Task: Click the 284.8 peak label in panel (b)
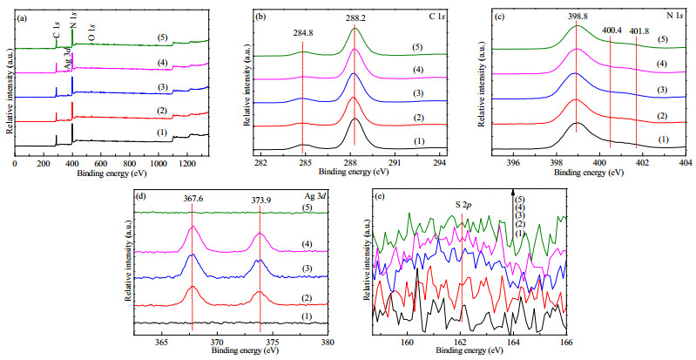pyautogui.click(x=302, y=32)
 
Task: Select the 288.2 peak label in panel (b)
pyautogui.click(x=355, y=18)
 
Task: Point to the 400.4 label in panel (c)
pyautogui.click(x=612, y=31)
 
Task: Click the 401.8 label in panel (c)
pyautogui.click(x=638, y=31)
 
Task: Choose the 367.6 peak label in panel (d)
pyautogui.click(x=193, y=200)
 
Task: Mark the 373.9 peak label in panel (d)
pyautogui.click(x=260, y=200)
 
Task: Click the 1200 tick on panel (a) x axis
pyautogui.click(x=544, y=163)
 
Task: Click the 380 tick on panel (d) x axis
pyautogui.click(x=328, y=343)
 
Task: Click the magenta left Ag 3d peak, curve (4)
pyautogui.click(x=193, y=228)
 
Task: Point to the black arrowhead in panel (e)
pyautogui.click(x=513, y=192)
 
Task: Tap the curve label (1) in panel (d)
pyautogui.click(x=307, y=316)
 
